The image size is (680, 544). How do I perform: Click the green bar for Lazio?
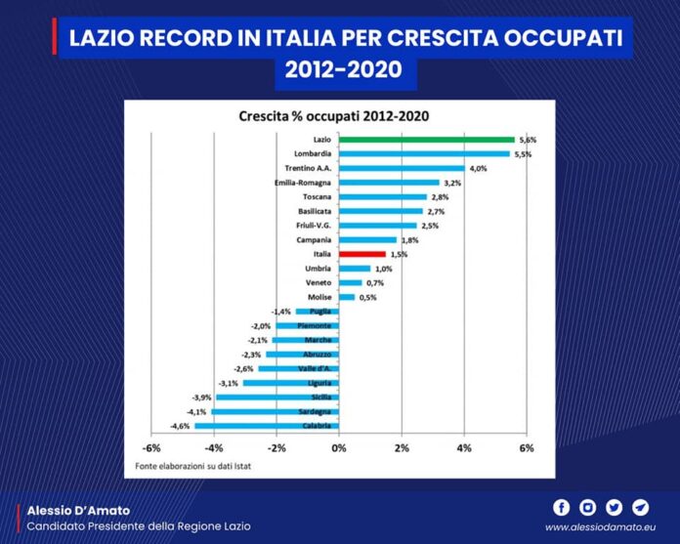426,140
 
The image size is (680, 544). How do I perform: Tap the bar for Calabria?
266,425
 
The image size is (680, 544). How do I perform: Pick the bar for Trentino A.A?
401,168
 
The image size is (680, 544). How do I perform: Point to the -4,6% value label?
180,426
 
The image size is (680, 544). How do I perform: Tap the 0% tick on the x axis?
338,447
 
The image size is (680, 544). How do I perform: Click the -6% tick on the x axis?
151,447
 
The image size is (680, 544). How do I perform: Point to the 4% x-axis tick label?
463,447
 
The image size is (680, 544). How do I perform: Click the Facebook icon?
561,507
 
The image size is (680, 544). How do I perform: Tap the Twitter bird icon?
614,507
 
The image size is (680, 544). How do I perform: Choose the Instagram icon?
587,507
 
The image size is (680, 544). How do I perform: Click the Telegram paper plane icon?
640,507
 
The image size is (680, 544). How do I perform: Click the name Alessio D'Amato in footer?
77,510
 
